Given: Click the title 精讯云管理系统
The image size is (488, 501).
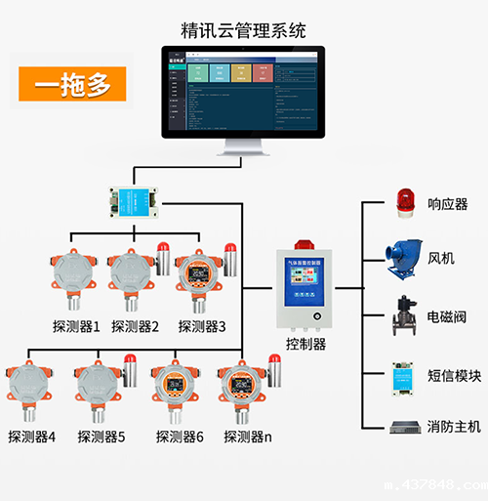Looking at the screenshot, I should (x=244, y=27).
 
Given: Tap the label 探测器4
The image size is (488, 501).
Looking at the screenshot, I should (x=32, y=437).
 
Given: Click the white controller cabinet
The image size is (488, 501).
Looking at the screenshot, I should (x=305, y=284).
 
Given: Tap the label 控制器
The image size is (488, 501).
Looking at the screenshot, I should (x=305, y=345).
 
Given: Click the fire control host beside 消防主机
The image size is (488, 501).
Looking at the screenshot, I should (x=402, y=427).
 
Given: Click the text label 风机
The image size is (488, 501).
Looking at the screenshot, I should (x=441, y=259).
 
